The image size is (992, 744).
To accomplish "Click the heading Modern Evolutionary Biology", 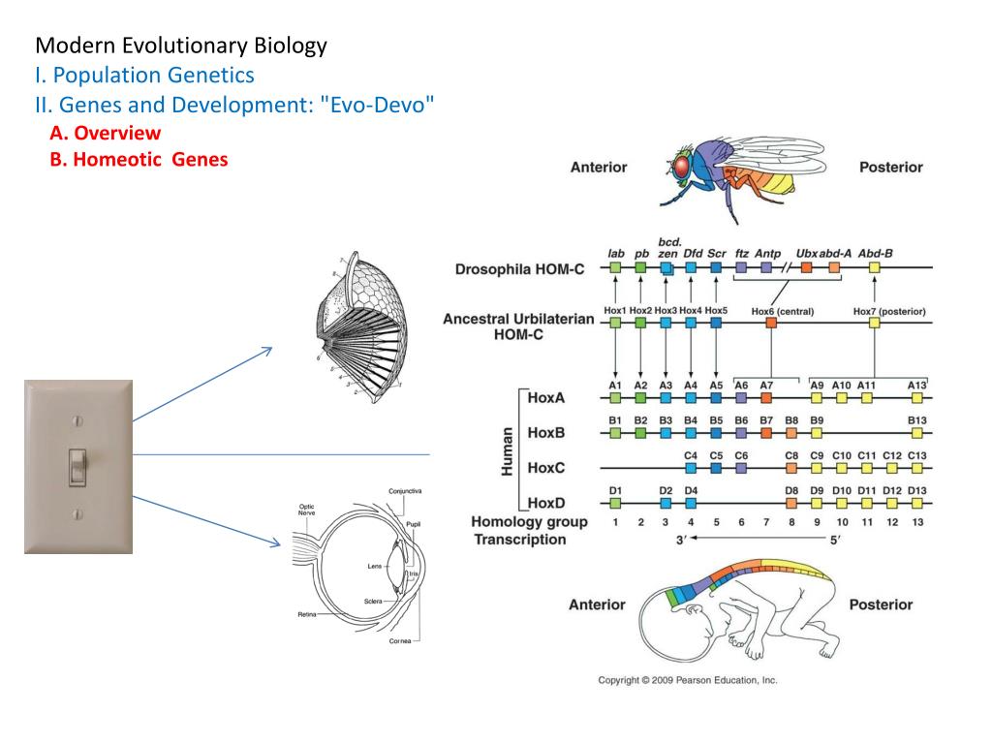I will (181, 45).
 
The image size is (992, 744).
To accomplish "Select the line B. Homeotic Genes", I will (139, 160).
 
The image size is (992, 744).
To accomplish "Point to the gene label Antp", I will (767, 254).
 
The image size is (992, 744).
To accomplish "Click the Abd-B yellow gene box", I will (875, 268).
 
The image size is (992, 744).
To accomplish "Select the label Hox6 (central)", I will (782, 311).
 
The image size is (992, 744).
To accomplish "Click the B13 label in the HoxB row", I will (916, 419).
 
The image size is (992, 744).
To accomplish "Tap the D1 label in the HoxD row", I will (615, 489).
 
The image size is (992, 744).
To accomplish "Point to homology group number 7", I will (766, 522).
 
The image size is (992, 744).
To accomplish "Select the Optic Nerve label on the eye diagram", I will (306, 510).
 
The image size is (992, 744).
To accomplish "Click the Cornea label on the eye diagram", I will (399, 640).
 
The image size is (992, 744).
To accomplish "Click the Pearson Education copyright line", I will (687, 680).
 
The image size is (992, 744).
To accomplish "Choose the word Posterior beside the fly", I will (890, 167).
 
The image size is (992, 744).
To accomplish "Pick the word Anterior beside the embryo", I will (597, 604).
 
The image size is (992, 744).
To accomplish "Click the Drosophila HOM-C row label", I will (519, 269).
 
